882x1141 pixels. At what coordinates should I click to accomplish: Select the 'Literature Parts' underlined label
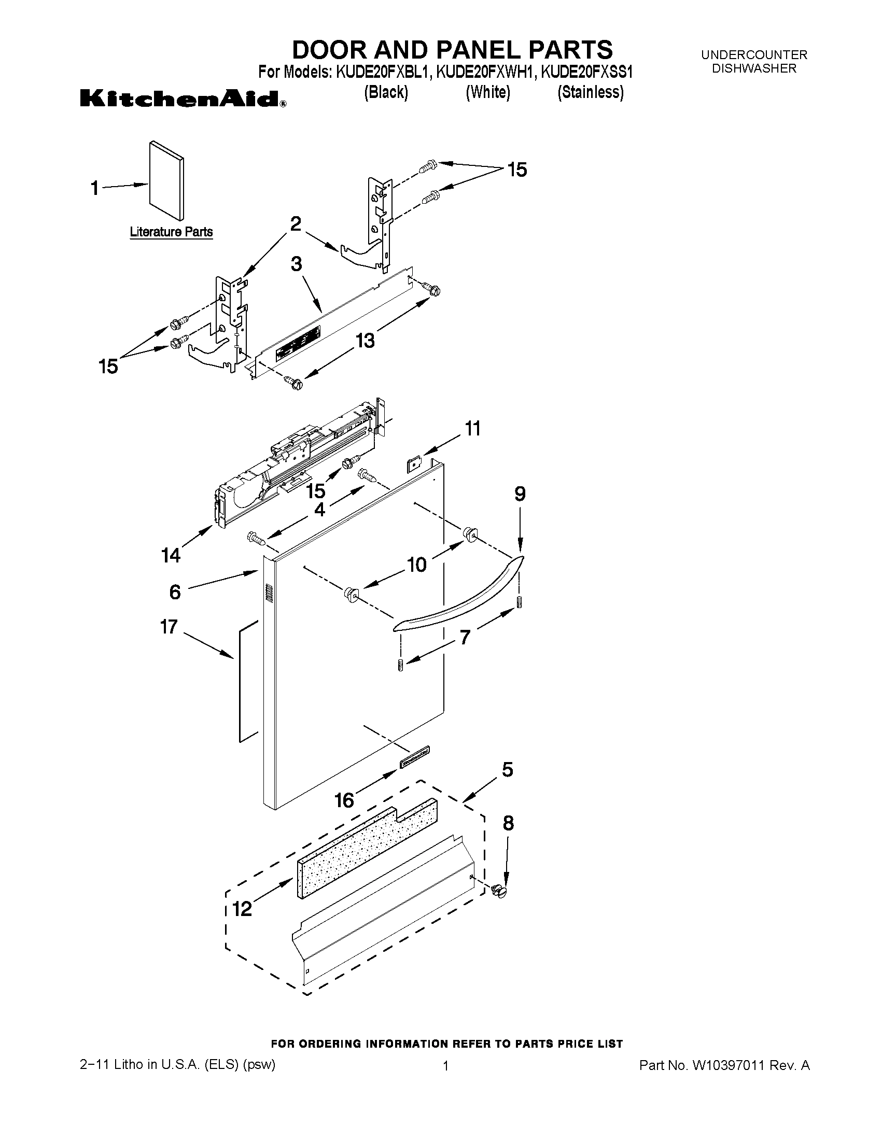tap(171, 231)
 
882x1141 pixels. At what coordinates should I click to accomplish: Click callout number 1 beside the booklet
tap(94, 188)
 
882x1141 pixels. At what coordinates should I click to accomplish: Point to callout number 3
tap(296, 264)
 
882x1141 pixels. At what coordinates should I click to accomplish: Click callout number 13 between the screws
tap(365, 341)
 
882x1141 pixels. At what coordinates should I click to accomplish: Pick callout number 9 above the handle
tap(520, 494)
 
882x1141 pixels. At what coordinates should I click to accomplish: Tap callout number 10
tap(416, 565)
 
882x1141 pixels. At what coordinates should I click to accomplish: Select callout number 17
tap(169, 626)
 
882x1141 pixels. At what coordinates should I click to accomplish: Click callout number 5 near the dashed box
tap(507, 769)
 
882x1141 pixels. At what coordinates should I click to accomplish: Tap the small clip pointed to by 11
tap(414, 463)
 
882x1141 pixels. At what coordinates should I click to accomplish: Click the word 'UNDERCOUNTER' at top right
tap(754, 54)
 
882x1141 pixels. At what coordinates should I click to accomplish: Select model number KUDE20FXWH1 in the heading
tap(485, 72)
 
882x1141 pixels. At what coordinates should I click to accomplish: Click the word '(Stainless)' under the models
tap(591, 92)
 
